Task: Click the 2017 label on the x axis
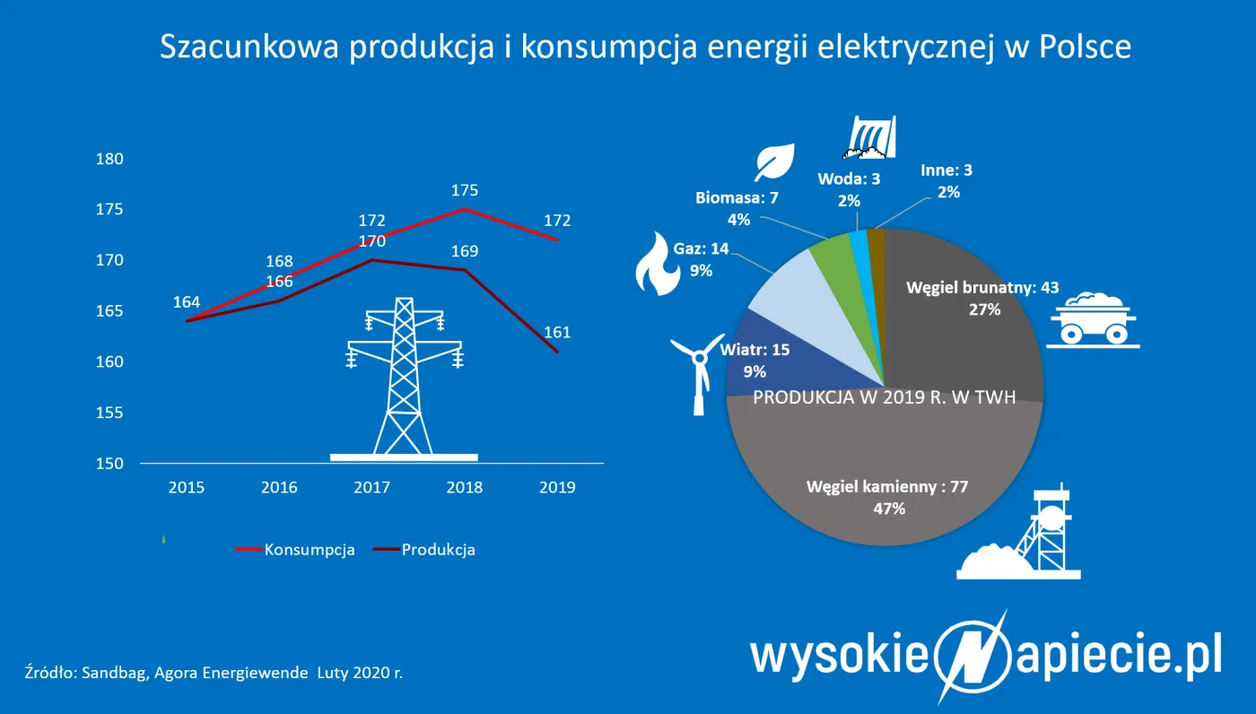371,487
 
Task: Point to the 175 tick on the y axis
109,210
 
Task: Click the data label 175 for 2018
465,190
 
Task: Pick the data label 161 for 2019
557,333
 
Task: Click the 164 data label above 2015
187,302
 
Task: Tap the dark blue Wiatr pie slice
754,359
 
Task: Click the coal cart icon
1094,318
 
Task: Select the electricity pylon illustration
405,377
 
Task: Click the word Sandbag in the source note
109,672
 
